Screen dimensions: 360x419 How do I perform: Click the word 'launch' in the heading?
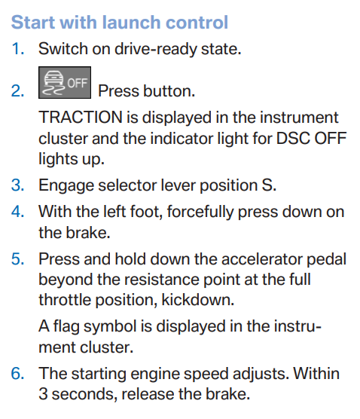click(131, 22)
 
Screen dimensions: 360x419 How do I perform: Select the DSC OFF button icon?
click(65, 82)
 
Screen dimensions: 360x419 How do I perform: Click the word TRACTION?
click(80, 118)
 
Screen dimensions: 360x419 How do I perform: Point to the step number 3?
click(18, 185)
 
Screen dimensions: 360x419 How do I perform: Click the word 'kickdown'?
click(198, 300)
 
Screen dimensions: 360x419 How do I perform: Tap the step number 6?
click(18, 374)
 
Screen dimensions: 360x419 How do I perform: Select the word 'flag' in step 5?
click(66, 327)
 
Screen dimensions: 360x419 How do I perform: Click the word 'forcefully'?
click(200, 213)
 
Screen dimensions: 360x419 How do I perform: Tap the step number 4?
click(18, 211)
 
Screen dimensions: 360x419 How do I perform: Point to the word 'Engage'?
click(66, 185)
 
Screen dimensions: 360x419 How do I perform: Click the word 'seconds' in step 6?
click(84, 394)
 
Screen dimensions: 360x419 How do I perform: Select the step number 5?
click(18, 259)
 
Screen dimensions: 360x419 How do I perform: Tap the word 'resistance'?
click(162, 280)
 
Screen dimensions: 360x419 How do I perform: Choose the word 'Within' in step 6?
click(316, 373)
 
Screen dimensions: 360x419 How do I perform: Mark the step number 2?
click(18, 91)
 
